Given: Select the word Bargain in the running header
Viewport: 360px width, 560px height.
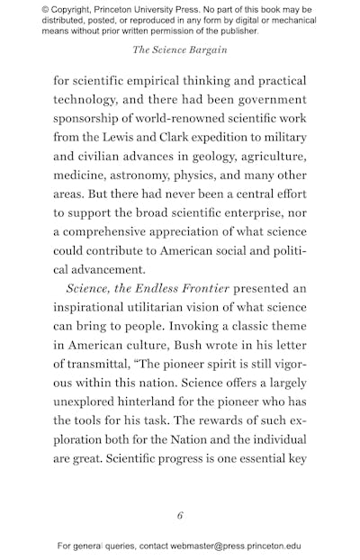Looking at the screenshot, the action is (x=208, y=50).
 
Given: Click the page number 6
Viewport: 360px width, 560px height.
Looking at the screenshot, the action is (x=180, y=515).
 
